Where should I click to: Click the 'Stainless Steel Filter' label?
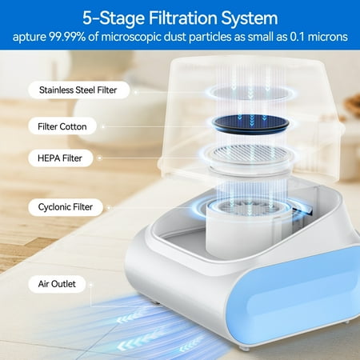point(78,90)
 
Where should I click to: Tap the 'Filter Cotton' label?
point(62,126)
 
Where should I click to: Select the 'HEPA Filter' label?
point(60,158)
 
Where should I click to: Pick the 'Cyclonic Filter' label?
point(66,207)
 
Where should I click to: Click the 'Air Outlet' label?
point(57,284)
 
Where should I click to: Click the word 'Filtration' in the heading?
point(182,18)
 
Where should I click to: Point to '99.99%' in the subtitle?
point(67,37)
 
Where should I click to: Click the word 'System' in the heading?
point(250,18)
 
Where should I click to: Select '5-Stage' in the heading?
point(114,18)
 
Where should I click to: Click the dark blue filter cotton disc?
point(250,124)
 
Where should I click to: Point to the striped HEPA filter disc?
point(250,154)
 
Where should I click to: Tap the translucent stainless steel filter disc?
point(251,93)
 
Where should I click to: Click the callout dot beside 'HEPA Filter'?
point(99,158)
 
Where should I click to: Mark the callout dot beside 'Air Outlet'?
point(90,285)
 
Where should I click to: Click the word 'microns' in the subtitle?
point(328,37)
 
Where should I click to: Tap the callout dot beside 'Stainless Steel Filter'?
point(136,92)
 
